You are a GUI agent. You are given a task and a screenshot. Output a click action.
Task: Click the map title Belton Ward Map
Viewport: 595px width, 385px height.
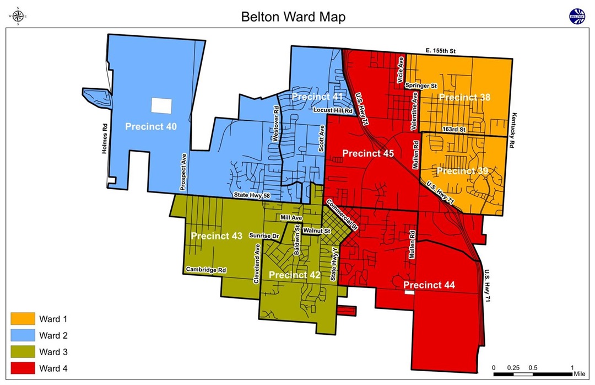(x=293, y=17)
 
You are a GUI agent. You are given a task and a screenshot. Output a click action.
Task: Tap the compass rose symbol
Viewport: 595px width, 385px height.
(x=17, y=17)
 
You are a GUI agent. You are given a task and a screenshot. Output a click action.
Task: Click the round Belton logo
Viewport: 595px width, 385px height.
(x=577, y=17)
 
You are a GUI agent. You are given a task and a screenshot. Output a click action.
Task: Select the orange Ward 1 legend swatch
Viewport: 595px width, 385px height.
(x=23, y=319)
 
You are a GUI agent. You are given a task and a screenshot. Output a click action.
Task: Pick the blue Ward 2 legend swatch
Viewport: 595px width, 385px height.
(x=23, y=335)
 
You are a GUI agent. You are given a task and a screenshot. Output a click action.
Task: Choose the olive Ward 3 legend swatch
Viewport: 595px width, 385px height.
(x=23, y=352)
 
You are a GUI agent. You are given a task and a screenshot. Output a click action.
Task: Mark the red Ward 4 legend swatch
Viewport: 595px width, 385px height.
(x=23, y=368)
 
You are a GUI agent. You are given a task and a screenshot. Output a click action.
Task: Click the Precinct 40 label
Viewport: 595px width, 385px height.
(x=151, y=126)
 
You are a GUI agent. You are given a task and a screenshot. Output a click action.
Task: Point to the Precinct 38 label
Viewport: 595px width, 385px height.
(x=464, y=98)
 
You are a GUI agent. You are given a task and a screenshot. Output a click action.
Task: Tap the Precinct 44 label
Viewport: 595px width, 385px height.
(x=430, y=285)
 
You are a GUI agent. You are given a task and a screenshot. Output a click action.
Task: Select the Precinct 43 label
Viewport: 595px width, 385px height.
(x=217, y=236)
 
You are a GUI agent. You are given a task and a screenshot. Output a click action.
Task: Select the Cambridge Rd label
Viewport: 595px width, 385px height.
(x=206, y=270)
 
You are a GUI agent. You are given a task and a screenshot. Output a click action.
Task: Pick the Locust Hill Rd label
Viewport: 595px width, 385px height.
(x=332, y=110)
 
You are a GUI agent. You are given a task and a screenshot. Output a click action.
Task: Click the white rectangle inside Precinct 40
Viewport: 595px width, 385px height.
(x=161, y=105)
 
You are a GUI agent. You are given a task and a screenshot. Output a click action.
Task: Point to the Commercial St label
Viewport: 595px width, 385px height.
(x=342, y=215)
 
